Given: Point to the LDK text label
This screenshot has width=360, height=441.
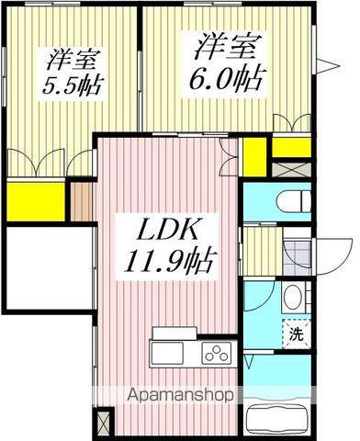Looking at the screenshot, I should pos(164,230).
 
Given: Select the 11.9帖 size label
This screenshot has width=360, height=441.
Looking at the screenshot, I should pos(172,264).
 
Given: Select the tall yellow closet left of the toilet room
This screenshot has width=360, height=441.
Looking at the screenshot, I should pos(253,156).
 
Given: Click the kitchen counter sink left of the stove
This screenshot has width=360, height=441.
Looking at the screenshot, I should pos(171,354).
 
